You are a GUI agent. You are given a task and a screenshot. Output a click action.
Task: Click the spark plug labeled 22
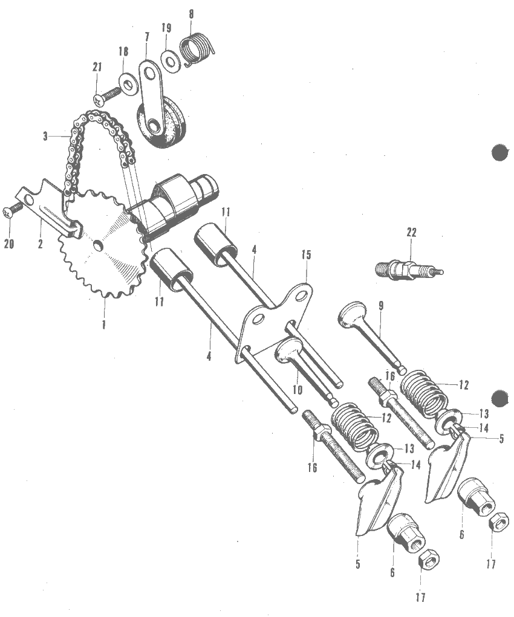pyautogui.click(x=408, y=270)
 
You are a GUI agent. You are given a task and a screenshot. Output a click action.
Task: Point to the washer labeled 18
pyautogui.click(x=128, y=83)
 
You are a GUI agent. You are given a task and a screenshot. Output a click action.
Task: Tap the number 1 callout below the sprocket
pyautogui.click(x=104, y=325)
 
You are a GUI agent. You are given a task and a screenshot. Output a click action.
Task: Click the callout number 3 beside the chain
pyautogui.click(x=46, y=137)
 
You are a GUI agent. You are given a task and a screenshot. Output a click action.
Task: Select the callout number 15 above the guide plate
pyautogui.click(x=306, y=254)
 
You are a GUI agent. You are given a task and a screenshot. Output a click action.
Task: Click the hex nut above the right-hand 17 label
pyautogui.click(x=499, y=522)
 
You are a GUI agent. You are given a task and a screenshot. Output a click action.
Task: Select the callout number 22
pyautogui.click(x=411, y=233)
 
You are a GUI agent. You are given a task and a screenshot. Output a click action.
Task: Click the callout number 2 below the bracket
pyautogui.click(x=40, y=244)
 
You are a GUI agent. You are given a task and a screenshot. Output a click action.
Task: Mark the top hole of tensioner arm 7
pyautogui.click(x=149, y=73)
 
